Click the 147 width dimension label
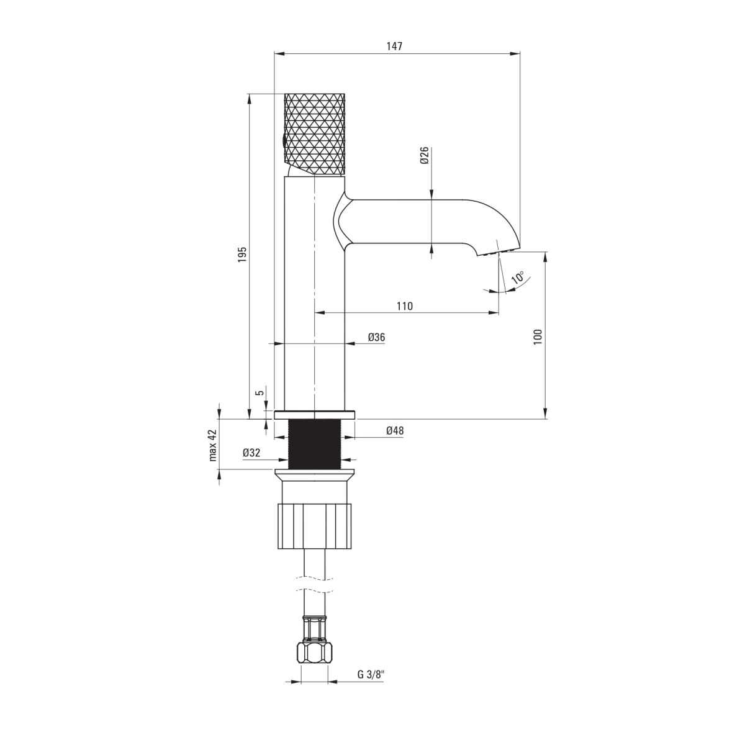394,47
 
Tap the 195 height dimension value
242,255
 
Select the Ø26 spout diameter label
424,155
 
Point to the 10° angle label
518,278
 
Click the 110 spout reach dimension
404,306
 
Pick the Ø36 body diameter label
376,337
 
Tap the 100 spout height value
538,336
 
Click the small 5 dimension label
261,392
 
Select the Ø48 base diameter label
395,430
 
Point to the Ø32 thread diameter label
251,453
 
